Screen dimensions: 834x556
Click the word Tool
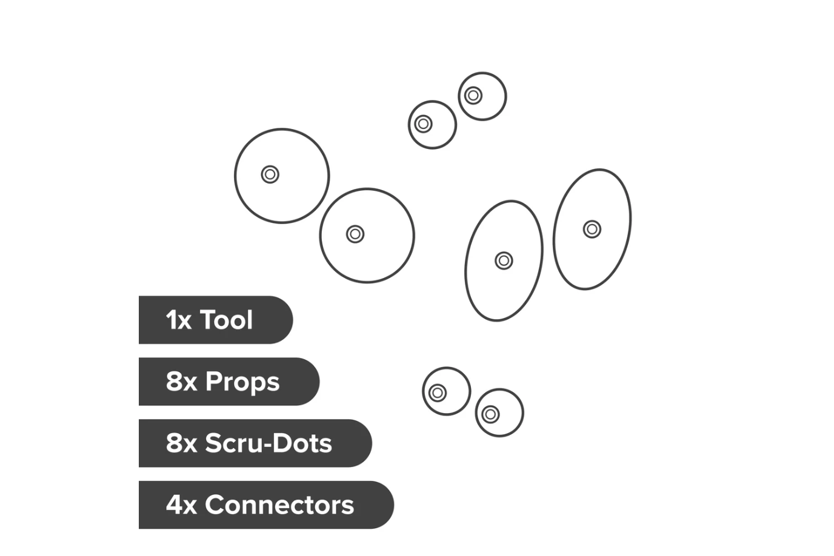click(226, 320)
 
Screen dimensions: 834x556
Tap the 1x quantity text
click(179, 320)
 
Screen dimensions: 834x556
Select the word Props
click(242, 383)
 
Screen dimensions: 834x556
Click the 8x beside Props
click(181, 382)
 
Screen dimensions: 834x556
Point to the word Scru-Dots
click(269, 443)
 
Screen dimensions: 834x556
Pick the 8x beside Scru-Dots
click(181, 443)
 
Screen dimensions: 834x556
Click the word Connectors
click(279, 505)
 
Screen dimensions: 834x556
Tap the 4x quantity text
click(181, 505)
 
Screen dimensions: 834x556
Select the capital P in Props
click(214, 382)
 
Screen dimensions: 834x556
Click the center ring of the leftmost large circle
click(270, 174)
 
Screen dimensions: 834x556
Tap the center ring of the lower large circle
click(355, 234)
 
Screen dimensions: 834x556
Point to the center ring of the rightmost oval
click(592, 230)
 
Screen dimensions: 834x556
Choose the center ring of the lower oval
click(504, 260)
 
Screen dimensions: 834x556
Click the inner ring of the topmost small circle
click(473, 96)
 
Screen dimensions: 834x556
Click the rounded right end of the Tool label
click(293, 320)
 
